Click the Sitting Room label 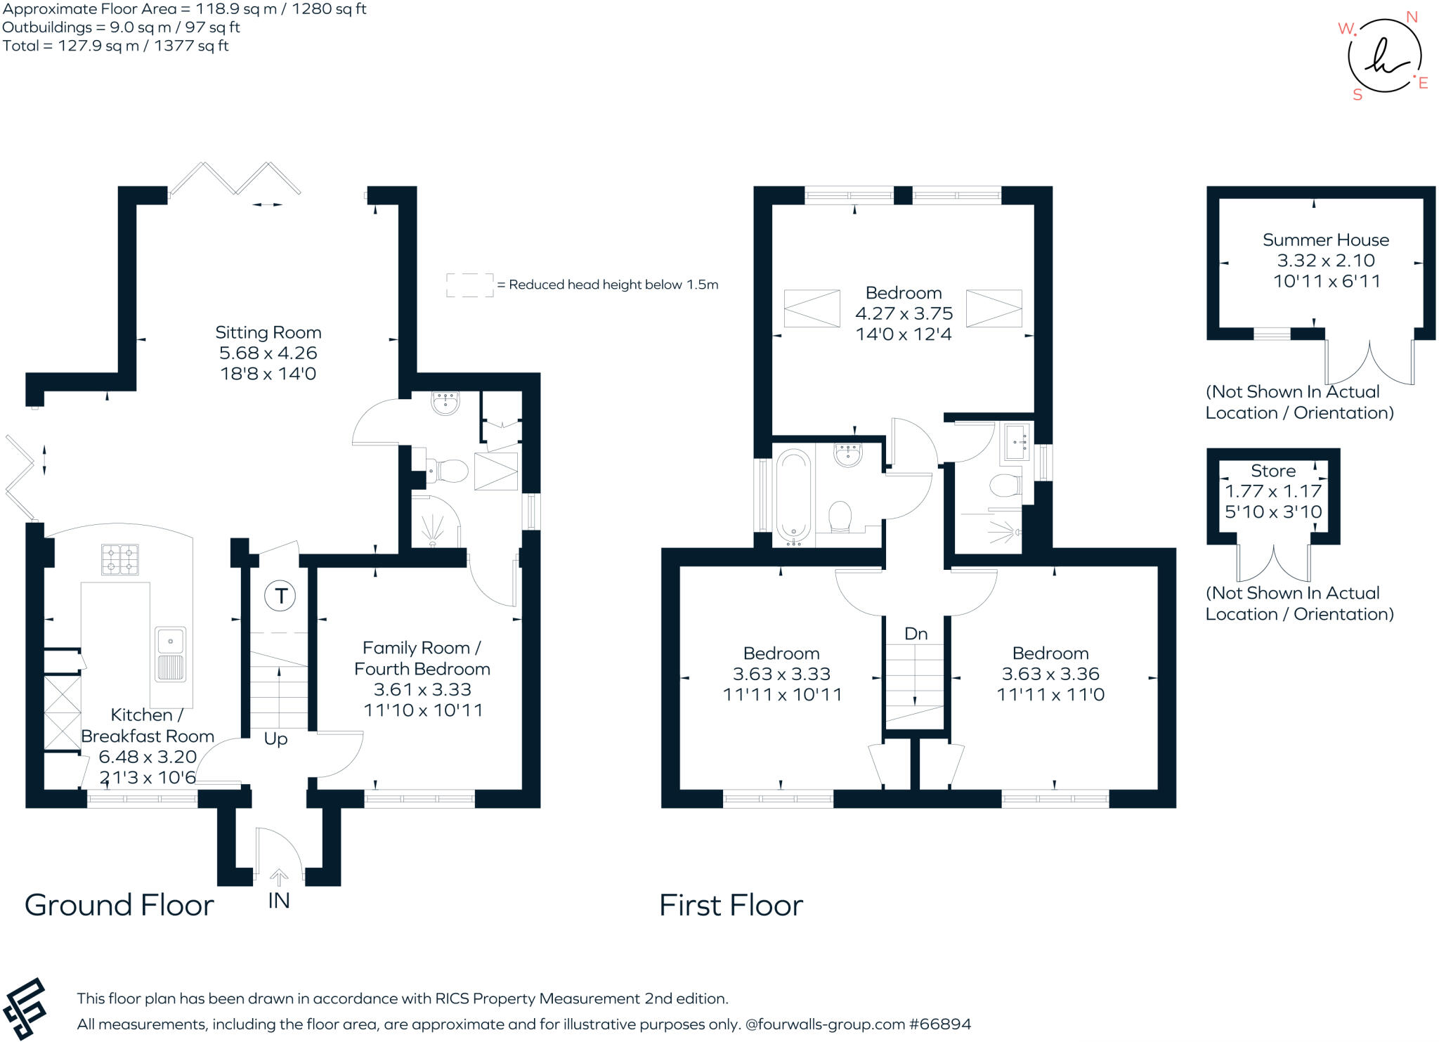pos(268,332)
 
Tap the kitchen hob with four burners pos(120,560)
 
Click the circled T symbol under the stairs pos(280,596)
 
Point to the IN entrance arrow pos(279,878)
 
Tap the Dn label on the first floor pos(916,634)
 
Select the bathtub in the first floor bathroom pos(794,497)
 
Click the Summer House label pos(1326,240)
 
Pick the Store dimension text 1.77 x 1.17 pos(1273,491)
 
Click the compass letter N pos(1412,18)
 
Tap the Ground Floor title pos(119,905)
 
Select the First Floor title pos(731,905)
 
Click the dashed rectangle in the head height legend pos(470,285)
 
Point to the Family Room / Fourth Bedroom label pos(422,658)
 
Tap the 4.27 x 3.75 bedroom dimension pos(904,313)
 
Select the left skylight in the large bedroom pos(812,308)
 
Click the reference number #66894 pos(940,1024)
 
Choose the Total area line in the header pos(116,46)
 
